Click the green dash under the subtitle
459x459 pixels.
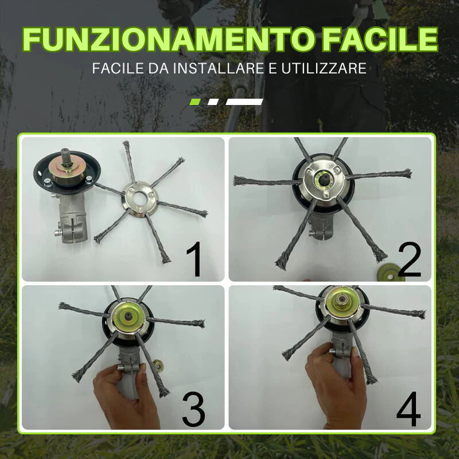tap(195, 102)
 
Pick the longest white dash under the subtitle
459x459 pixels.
tap(244, 102)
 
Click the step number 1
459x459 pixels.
tap(195, 259)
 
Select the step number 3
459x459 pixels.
tap(193, 409)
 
